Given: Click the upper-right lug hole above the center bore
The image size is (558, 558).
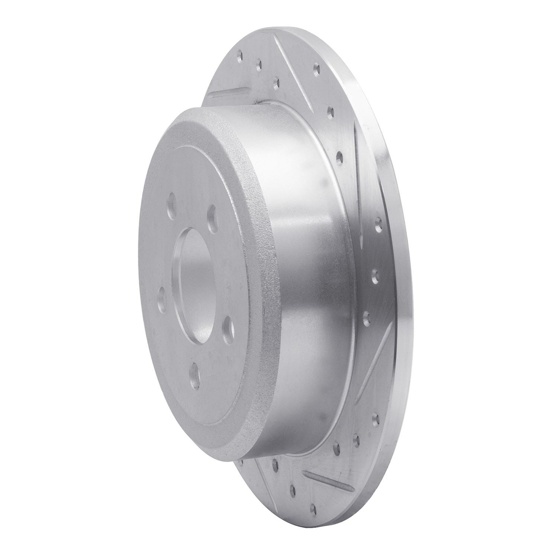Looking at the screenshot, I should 212,212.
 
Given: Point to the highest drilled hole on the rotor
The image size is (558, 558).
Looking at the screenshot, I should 240,57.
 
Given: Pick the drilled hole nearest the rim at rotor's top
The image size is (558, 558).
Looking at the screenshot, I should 317,68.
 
